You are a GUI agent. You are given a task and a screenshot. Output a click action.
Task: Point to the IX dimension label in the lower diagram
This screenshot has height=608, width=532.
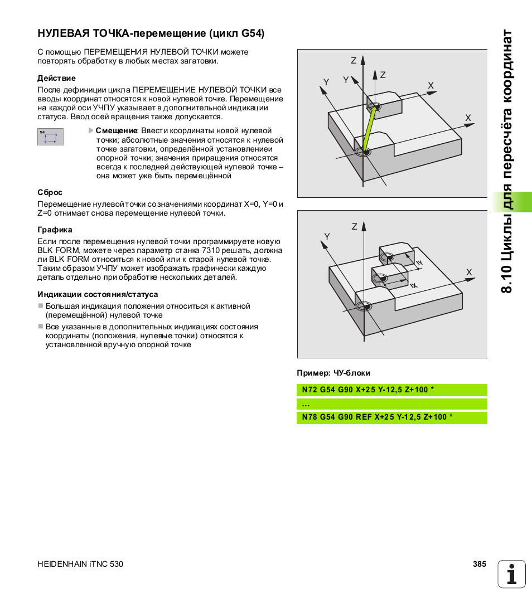413,285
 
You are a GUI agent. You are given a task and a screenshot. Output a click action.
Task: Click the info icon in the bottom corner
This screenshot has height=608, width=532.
511,573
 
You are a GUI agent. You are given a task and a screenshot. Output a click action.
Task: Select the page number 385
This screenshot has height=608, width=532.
479,564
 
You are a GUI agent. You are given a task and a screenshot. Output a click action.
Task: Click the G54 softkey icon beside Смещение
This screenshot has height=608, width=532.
50,137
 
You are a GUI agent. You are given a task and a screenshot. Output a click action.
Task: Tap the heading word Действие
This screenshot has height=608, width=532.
56,78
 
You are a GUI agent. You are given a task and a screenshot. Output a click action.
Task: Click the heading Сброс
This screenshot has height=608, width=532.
50,192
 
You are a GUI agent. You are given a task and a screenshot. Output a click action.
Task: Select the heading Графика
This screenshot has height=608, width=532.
55,230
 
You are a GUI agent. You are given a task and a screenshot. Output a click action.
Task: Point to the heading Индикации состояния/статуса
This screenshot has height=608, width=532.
98,294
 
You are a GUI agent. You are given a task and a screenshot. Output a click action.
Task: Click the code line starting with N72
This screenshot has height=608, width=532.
368,390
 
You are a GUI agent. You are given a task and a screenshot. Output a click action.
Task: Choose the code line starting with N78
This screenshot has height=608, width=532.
377,417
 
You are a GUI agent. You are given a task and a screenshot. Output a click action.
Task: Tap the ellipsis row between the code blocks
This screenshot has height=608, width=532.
306,404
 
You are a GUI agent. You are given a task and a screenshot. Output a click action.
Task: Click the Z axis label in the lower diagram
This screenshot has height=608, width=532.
354,226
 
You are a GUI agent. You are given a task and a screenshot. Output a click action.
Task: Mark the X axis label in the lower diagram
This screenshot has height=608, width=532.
469,273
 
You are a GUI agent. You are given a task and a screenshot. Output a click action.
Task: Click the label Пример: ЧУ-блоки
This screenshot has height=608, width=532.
333,373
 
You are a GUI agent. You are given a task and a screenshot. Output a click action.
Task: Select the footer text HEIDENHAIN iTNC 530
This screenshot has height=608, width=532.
80,564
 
